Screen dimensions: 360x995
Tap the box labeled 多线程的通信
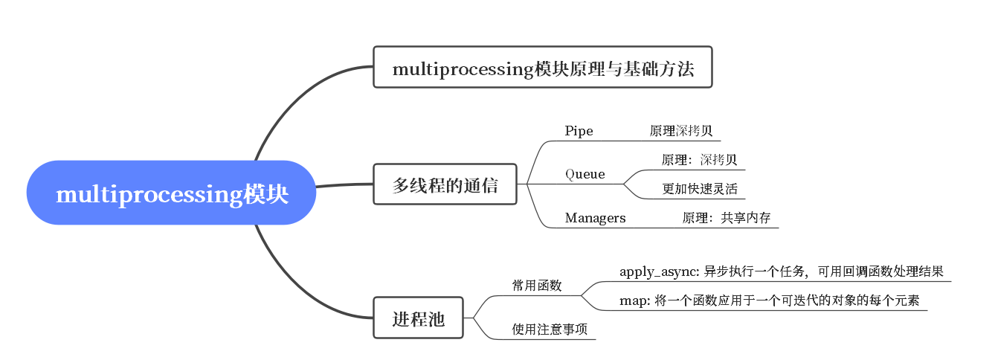[x=445, y=184]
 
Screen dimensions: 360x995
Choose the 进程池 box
[x=418, y=318]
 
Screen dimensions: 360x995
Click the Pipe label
[x=579, y=131]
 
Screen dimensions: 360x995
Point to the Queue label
[x=585, y=174]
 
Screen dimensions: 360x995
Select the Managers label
[x=595, y=218]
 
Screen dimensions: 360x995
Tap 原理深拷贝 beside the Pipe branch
[x=680, y=131]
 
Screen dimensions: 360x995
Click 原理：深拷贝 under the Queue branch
[x=699, y=160]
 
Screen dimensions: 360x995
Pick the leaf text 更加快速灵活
[x=699, y=189]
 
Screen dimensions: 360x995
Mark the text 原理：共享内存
[x=726, y=218]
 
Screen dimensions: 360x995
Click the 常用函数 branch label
[x=536, y=285]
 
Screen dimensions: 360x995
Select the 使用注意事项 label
[x=550, y=329]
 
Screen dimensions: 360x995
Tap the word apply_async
[x=658, y=271]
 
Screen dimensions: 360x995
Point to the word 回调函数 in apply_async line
[x=868, y=271]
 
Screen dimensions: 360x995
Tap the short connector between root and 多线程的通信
[x=344, y=184]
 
